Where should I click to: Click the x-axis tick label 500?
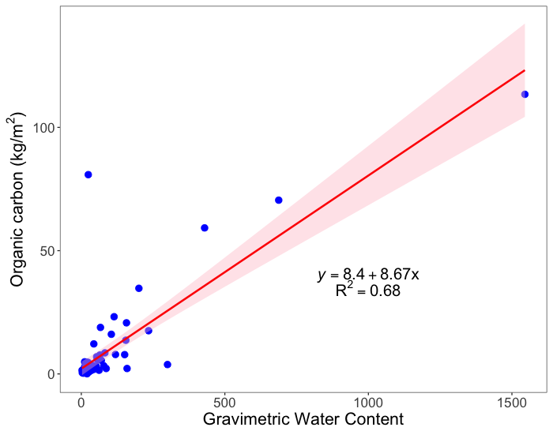pyautogui.click(x=225, y=401)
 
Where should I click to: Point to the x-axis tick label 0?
pyautogui.click(x=81, y=401)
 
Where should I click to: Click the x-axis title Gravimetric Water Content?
pyautogui.click(x=303, y=419)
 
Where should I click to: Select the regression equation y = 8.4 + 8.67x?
pyautogui.click(x=368, y=275)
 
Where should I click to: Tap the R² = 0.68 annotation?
pyautogui.click(x=368, y=291)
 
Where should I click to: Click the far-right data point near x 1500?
pyautogui.click(x=525, y=94)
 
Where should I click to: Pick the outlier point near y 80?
pyautogui.click(x=88, y=174)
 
